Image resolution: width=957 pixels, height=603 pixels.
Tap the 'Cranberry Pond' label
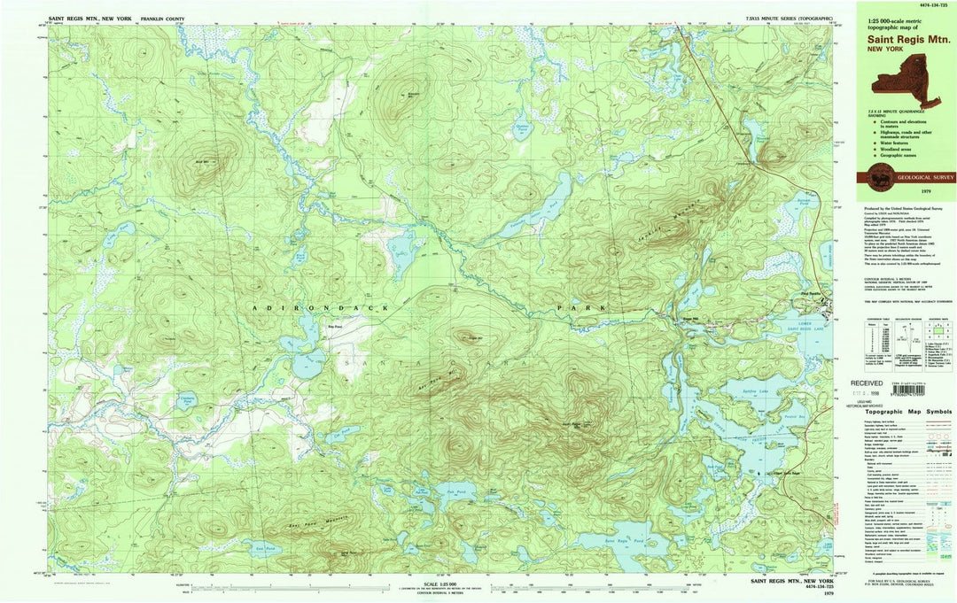tap(186, 400)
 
